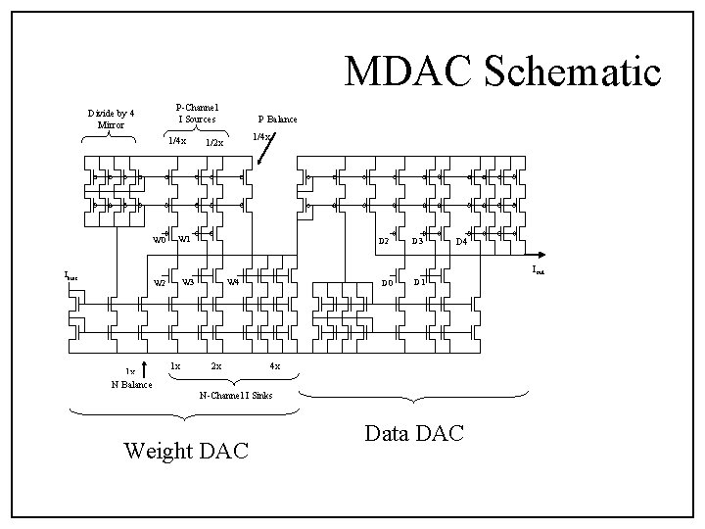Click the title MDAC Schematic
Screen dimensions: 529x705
point(502,71)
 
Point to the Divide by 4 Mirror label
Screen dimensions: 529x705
point(111,119)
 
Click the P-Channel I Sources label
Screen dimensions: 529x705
point(197,113)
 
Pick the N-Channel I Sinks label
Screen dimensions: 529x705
point(235,396)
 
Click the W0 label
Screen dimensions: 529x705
point(159,240)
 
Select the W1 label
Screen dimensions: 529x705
point(184,239)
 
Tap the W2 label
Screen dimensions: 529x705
point(159,283)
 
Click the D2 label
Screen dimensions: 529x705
point(384,241)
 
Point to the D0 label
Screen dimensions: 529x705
point(388,283)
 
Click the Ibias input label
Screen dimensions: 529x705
point(69,277)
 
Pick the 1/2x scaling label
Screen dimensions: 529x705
point(214,143)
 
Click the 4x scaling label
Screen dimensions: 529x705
point(275,366)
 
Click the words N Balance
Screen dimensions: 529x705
point(130,384)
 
